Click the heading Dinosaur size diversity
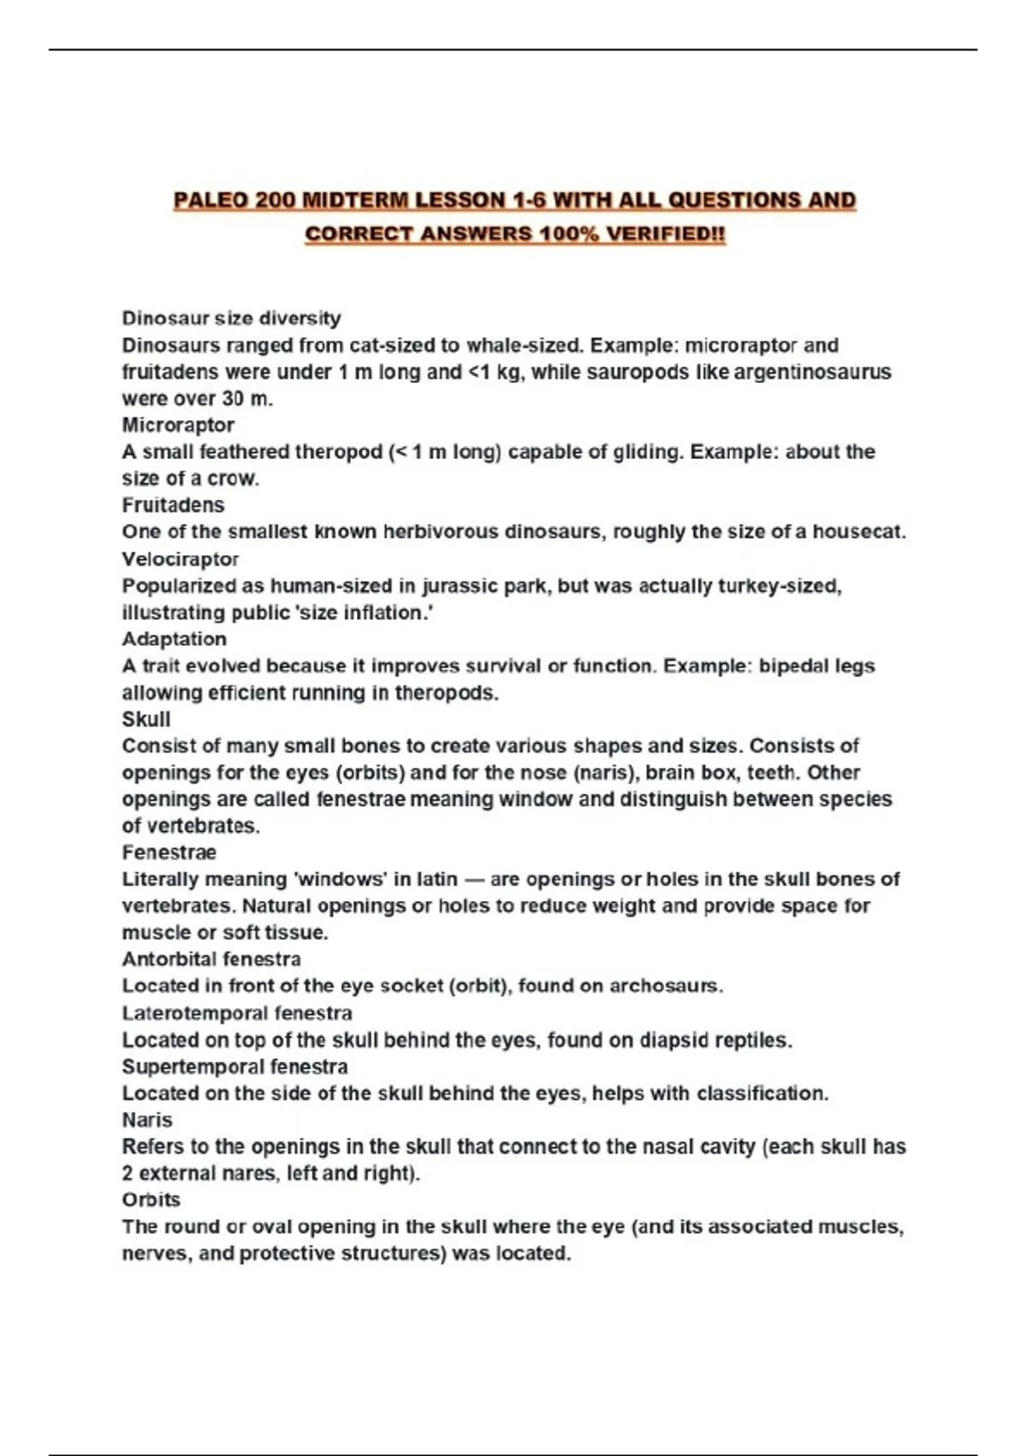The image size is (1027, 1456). [x=231, y=319]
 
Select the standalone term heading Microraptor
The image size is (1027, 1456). [x=178, y=425]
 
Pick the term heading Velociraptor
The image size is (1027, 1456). [x=180, y=559]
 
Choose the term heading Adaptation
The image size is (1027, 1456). [x=174, y=639]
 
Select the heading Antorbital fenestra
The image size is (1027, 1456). [x=211, y=959]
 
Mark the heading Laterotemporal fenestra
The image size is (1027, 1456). [x=236, y=1013]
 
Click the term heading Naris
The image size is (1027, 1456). [x=146, y=1120]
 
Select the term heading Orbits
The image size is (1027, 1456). [x=151, y=1200]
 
